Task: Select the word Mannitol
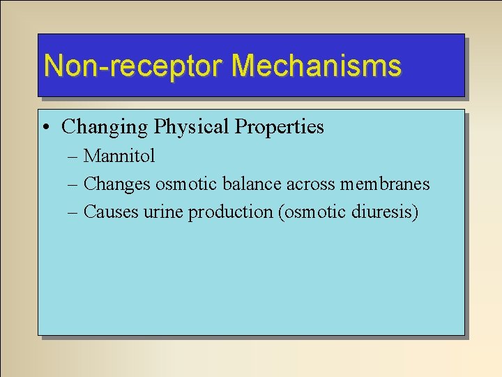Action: (x=119, y=156)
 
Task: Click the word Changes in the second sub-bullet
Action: (x=116, y=184)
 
